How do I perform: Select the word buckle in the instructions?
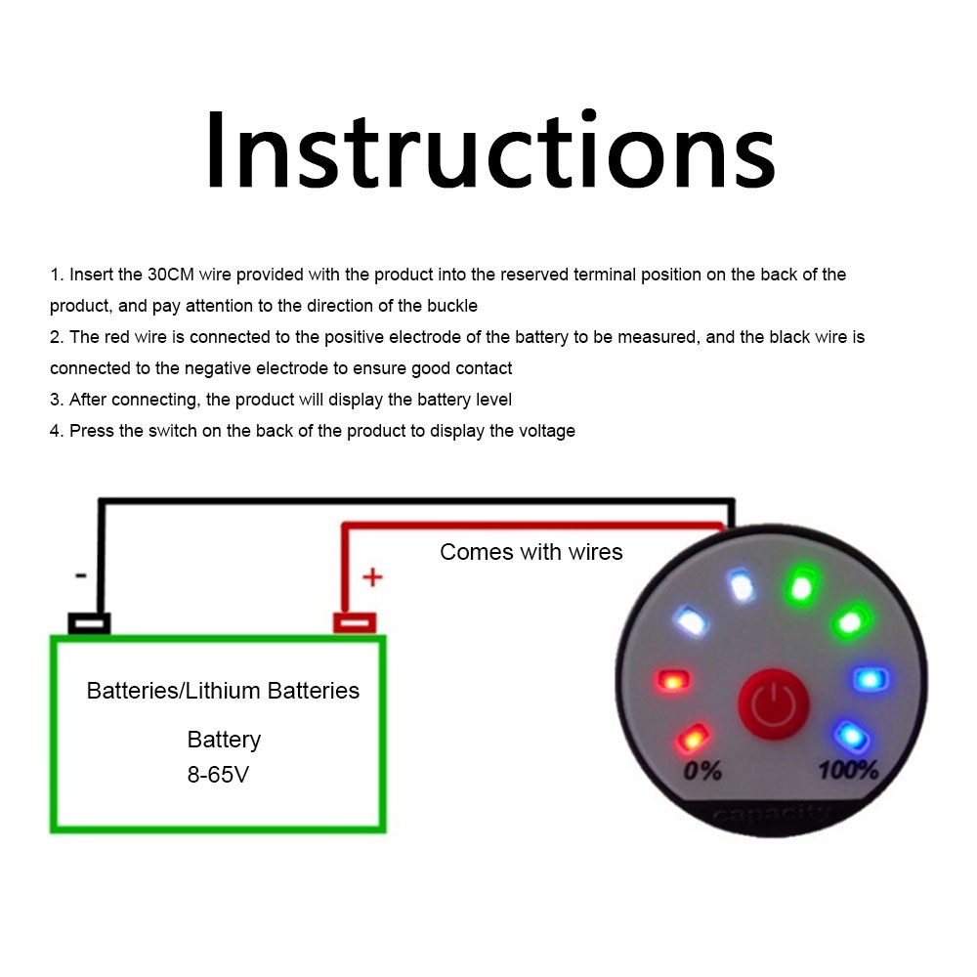[x=452, y=306]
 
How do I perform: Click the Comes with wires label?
[x=531, y=552]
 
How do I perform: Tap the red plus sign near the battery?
[x=371, y=577]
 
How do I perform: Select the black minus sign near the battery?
[x=80, y=576]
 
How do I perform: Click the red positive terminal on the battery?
[x=355, y=622]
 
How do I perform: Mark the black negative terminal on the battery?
[x=89, y=622]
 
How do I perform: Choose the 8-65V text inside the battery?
[x=224, y=775]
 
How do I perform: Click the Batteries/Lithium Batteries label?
[x=223, y=691]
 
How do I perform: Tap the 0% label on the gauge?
[x=702, y=771]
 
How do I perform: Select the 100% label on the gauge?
[x=848, y=770]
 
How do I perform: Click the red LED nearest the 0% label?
[x=694, y=738]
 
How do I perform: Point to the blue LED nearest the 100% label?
[x=848, y=733]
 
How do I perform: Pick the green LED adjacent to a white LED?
[x=800, y=587]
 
